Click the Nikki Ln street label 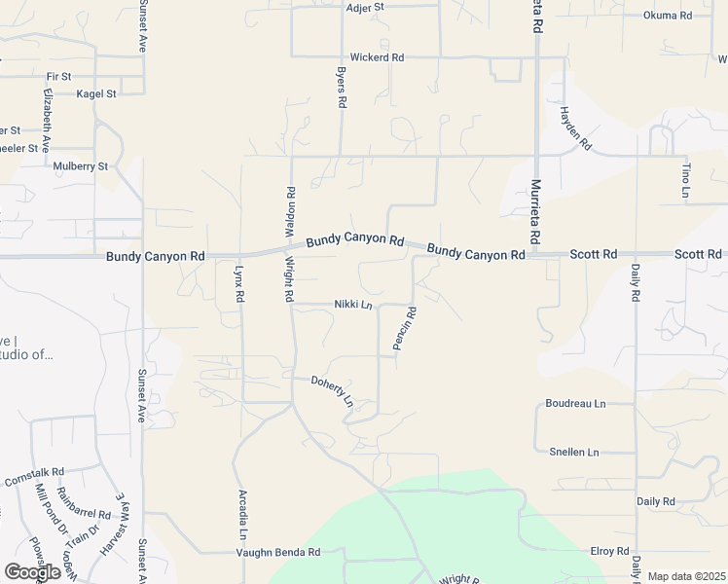pos(353,305)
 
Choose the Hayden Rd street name pos(574,128)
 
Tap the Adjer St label pos(366,7)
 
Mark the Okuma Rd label pos(667,16)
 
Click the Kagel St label pos(96,94)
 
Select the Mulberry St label pos(81,166)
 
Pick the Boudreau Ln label pos(575,403)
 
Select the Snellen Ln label pos(574,453)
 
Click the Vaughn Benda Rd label pos(278,552)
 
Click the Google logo pos(32,572)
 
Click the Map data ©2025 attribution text pos(686,576)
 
